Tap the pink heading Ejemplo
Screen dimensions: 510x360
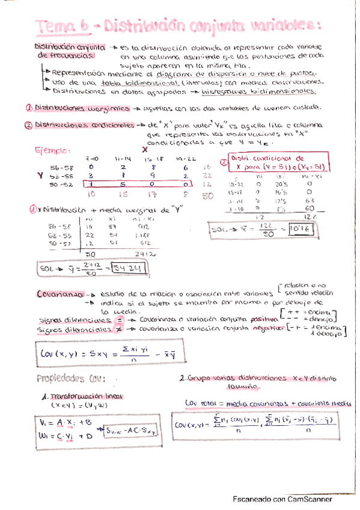point(53,150)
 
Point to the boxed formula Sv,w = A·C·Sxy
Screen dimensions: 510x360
point(130,429)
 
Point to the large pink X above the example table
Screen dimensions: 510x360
point(144,149)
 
